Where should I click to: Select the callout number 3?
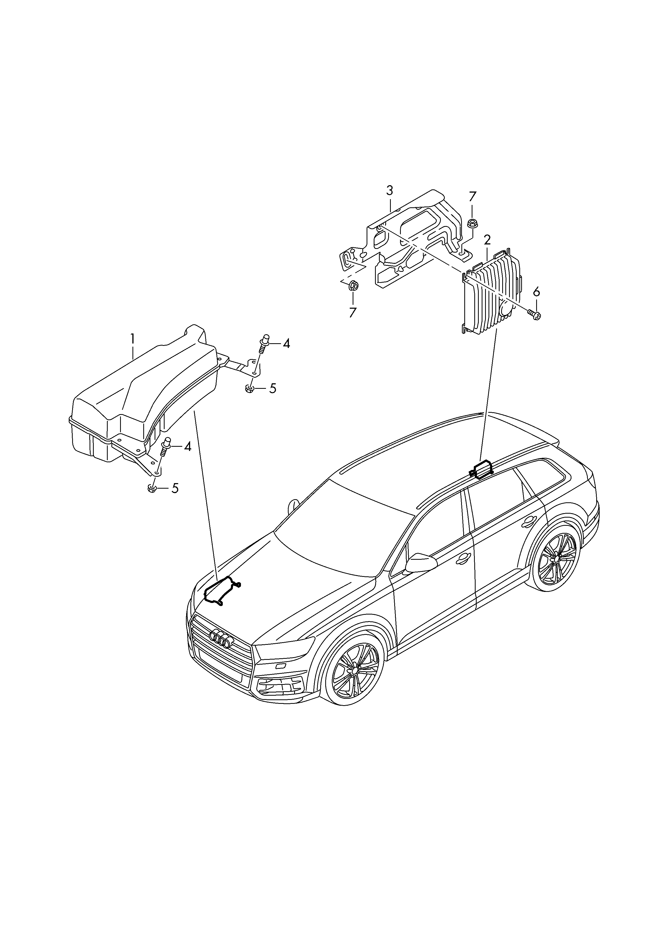389,190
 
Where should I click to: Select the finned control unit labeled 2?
493,297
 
